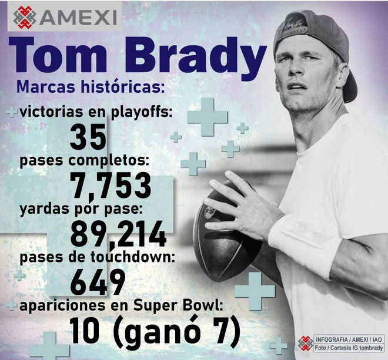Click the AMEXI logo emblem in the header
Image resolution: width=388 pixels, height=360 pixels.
pyautogui.click(x=25, y=17)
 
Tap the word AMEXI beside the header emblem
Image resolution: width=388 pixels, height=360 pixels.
pyautogui.click(x=78, y=18)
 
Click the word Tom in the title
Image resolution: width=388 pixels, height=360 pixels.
pyautogui.click(x=58, y=55)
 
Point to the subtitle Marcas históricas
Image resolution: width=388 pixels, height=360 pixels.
pyautogui.click(x=91, y=86)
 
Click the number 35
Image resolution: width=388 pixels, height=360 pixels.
pyautogui.click(x=88, y=137)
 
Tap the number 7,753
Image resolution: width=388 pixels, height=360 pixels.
pyautogui.click(x=111, y=186)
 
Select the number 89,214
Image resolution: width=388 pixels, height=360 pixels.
pyautogui.click(x=119, y=234)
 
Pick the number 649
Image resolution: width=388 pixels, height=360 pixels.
pyautogui.click(x=98, y=282)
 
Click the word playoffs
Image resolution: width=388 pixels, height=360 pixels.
pyautogui.click(x=141, y=113)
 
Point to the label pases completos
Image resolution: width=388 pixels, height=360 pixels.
pyautogui.click(x=85, y=161)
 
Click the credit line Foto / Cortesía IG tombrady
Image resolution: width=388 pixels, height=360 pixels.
pyautogui.click(x=349, y=348)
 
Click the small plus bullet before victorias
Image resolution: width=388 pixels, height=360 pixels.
pyautogui.click(x=12, y=112)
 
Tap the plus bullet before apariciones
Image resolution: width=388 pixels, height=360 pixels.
pyautogui.click(x=11, y=305)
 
